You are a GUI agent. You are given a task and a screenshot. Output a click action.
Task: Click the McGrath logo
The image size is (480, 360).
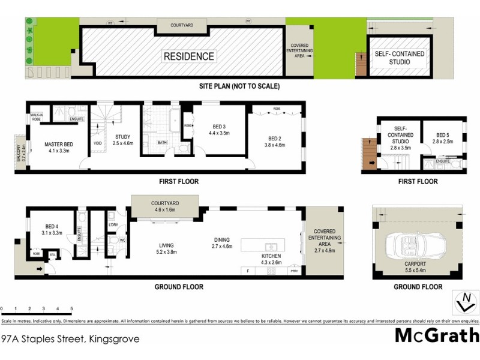point(437,335)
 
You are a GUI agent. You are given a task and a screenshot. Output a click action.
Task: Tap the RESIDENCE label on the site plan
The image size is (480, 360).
point(189,57)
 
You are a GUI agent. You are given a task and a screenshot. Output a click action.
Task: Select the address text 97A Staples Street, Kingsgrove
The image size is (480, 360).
point(70,339)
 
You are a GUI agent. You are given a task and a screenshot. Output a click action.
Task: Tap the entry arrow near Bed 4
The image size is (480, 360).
point(40,269)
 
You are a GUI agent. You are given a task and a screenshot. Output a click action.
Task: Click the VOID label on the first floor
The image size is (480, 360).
point(97,143)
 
